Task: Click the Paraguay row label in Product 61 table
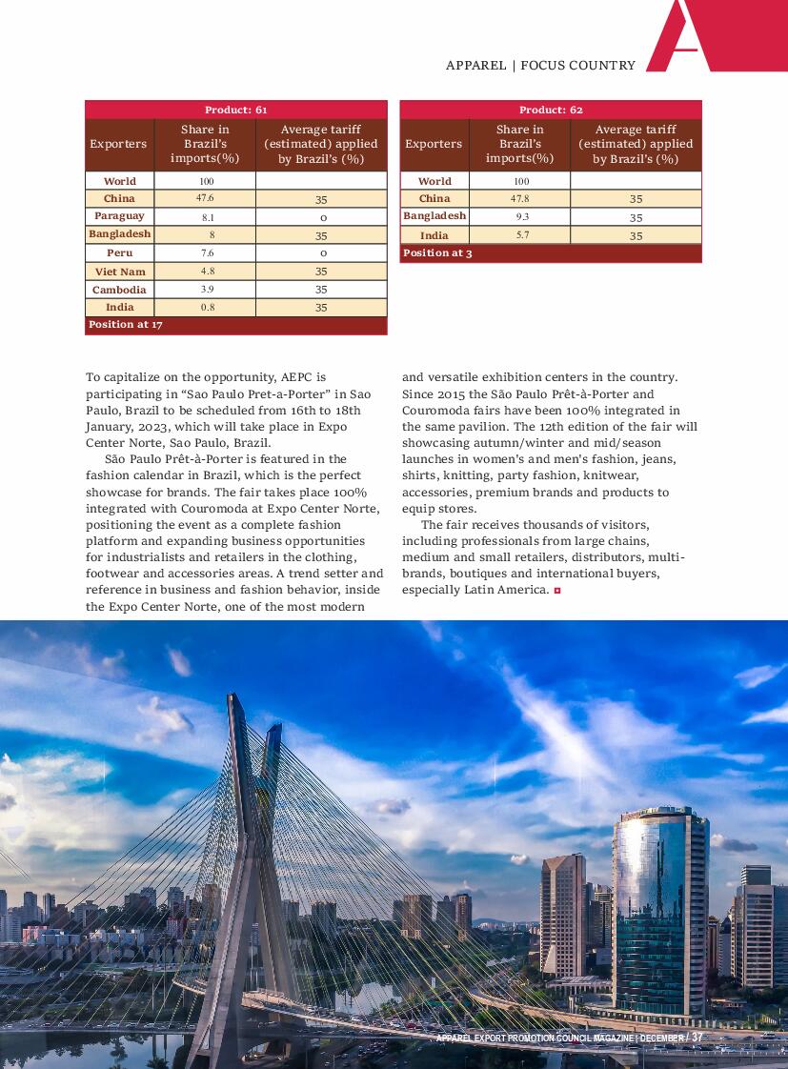coord(119,216)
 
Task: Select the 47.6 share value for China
coord(205,198)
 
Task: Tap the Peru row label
coord(119,252)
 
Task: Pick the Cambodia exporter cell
coord(119,290)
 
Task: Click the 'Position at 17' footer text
coord(125,325)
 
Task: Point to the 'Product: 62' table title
coord(551,110)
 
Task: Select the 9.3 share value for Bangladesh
coord(520,216)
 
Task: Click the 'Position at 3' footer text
coord(437,253)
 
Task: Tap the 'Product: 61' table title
coord(235,110)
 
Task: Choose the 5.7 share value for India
coord(521,234)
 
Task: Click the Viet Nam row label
coord(119,272)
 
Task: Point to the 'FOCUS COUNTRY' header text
coord(577,66)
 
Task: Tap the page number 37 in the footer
coord(697,1038)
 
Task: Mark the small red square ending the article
coord(557,591)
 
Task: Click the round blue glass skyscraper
coord(659,905)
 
